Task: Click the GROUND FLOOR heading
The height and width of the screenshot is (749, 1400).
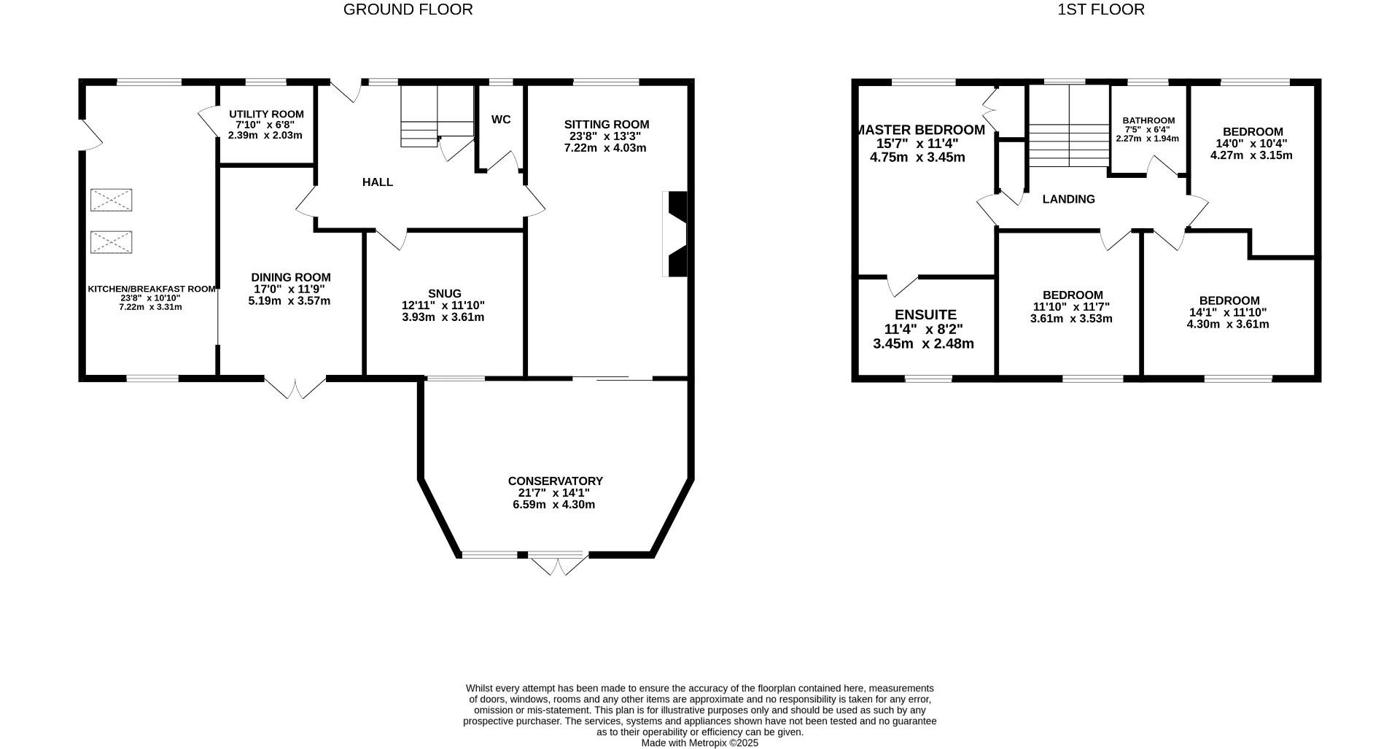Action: coord(408,9)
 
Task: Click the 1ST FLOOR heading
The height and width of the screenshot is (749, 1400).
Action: coord(1100,9)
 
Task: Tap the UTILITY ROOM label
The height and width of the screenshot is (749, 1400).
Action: coord(266,115)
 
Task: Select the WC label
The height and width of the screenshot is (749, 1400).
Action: coord(501,120)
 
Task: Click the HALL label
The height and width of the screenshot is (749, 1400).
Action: coord(378,182)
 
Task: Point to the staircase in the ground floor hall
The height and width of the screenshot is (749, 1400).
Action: coord(436,115)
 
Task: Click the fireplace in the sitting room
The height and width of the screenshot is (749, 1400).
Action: coord(675,234)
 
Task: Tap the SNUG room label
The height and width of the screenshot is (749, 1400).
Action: coord(444,294)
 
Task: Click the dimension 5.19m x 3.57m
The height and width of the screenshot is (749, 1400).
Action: coord(289,300)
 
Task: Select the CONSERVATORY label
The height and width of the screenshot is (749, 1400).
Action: coord(555,481)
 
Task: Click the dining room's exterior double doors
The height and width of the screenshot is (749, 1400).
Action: coord(295,389)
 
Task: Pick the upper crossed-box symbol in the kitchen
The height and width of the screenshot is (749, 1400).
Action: coord(112,200)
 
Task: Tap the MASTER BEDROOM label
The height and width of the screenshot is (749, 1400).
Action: coord(920,130)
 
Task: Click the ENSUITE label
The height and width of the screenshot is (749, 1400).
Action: coord(925,315)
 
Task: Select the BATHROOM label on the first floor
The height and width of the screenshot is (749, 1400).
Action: coord(1148,121)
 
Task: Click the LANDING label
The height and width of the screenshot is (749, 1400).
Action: coord(1068,199)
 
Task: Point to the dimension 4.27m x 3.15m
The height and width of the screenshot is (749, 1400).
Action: coord(1251,155)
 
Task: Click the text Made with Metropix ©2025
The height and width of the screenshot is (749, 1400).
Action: coord(699,743)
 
